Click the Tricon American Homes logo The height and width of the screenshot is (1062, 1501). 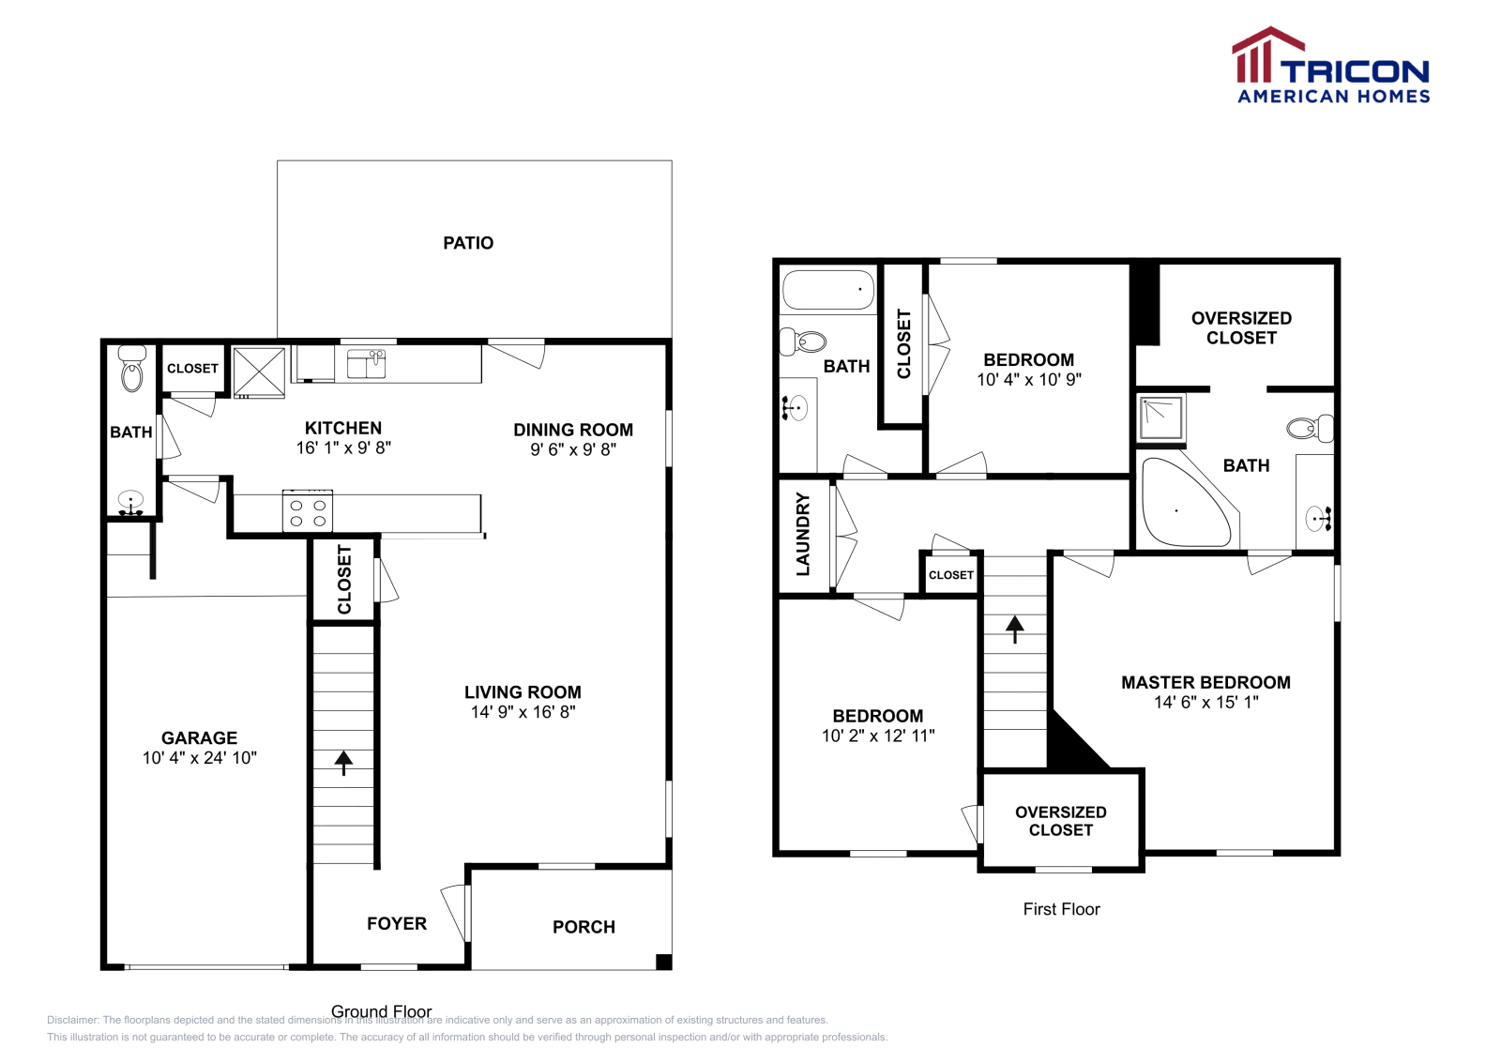1331,66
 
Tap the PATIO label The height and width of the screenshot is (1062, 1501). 468,243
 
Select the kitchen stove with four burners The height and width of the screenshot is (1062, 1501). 308,511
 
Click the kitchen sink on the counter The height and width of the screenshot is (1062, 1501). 366,363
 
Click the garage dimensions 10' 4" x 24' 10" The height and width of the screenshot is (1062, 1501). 199,758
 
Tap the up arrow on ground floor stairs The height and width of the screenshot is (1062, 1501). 343,762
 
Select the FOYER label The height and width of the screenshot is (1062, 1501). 396,924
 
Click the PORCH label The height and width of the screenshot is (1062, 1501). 584,927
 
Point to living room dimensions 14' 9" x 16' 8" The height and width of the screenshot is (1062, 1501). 523,712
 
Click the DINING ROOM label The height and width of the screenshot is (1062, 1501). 572,430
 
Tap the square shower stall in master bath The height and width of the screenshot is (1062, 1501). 1161,417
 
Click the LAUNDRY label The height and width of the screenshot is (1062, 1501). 803,534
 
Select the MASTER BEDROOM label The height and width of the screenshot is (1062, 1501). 1205,682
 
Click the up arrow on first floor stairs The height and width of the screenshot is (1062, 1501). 1014,628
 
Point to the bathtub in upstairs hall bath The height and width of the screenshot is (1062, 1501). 827,290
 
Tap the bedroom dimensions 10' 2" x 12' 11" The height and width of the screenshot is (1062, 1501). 877,736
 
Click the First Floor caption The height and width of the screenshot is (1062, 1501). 1061,909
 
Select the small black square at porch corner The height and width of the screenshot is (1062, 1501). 663,962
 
